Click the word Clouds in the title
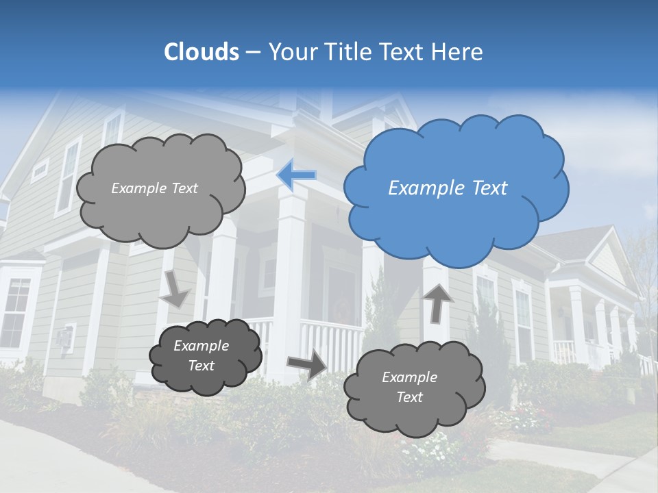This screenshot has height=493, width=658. [x=202, y=52]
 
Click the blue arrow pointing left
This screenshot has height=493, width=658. [x=296, y=175]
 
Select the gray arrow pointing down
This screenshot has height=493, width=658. [x=175, y=288]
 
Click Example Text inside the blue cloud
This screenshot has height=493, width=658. [x=448, y=188]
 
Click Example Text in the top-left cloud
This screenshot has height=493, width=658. [x=154, y=188]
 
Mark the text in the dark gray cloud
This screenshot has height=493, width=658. [x=202, y=356]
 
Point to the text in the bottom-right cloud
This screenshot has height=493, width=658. [x=409, y=387]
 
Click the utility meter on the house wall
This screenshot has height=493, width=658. [x=65, y=339]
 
